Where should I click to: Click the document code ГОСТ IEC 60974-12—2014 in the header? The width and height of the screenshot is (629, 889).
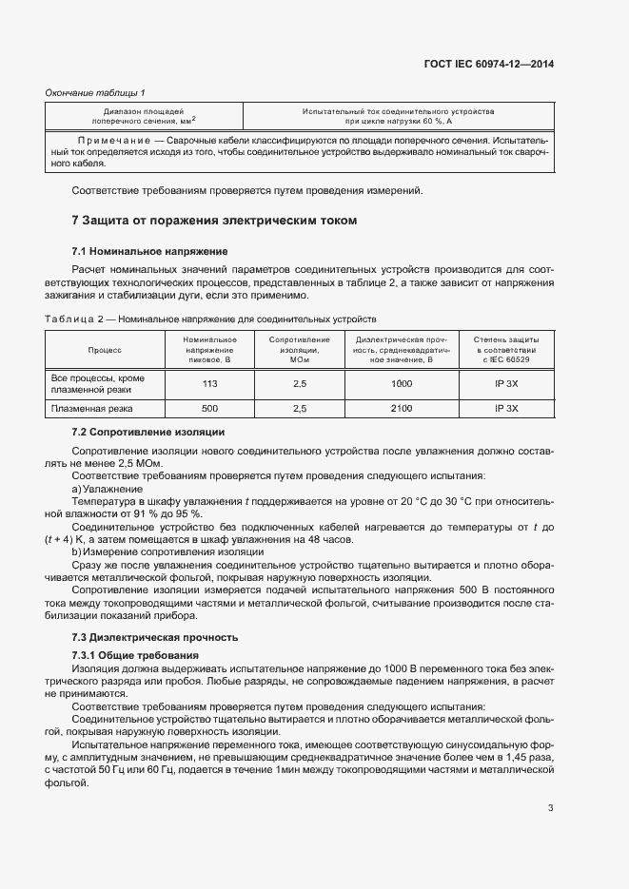[x=488, y=64]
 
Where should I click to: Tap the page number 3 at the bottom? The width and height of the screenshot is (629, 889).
[x=550, y=809]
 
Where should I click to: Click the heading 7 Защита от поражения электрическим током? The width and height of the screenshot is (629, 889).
[x=214, y=221]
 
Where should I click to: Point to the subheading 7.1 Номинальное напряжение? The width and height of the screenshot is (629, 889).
[x=149, y=251]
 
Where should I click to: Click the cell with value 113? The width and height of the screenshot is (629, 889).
[x=210, y=384]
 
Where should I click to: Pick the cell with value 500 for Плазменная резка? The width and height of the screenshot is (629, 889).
[x=210, y=408]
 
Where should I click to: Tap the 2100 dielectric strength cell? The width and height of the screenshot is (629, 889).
[x=401, y=408]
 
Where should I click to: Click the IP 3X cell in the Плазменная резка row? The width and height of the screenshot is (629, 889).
[x=505, y=408]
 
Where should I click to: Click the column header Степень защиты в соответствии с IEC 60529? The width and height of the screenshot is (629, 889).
[x=505, y=350]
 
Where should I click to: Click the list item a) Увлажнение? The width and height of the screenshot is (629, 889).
[x=108, y=488]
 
